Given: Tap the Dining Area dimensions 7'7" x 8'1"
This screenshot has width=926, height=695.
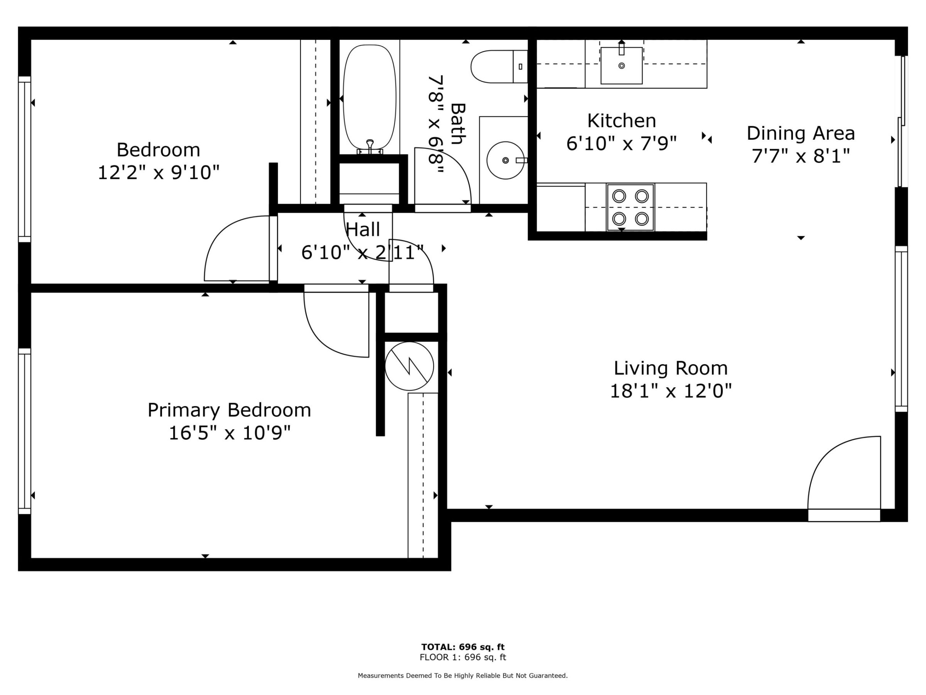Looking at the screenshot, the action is tap(801, 156).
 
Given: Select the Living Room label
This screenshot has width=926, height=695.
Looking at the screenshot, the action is tap(671, 368).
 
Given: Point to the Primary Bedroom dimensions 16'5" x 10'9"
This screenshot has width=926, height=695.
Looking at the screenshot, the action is tap(230, 433).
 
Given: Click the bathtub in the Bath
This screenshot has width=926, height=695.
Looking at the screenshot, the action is tap(369, 99).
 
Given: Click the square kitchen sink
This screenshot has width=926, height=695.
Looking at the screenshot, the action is tap(621, 65).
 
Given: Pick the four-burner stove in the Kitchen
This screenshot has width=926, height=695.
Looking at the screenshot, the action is tap(630, 207).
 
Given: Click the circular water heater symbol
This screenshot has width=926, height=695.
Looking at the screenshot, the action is tap(409, 366).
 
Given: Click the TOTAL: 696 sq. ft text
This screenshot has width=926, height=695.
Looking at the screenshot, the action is tap(463, 647).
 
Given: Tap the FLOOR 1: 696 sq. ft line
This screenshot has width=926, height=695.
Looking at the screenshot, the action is tap(463, 657).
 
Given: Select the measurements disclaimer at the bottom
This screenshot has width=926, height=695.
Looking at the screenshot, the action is tap(463, 675).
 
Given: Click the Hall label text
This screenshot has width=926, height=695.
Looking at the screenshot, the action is tap(363, 230).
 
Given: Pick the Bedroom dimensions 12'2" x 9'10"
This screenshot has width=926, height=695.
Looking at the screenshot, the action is tap(159, 173).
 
